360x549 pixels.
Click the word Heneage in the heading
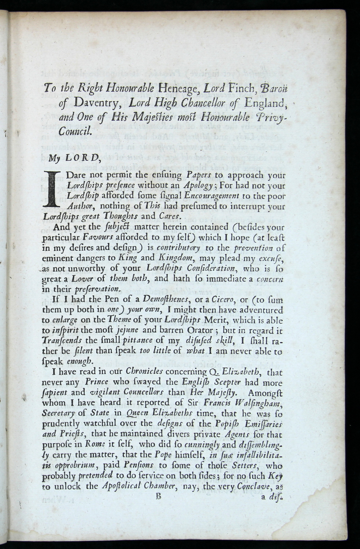tap(177, 89)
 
